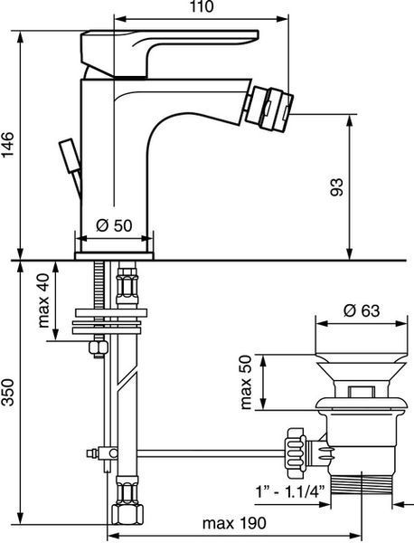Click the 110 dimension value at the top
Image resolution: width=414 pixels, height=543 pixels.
coord(202,6)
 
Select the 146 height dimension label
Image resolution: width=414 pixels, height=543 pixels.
coord(7,145)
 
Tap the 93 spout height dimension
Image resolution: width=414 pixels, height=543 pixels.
coord(336,187)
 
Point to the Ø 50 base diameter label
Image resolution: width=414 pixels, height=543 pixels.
coord(114,225)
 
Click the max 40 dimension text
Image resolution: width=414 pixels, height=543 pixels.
coord(44,300)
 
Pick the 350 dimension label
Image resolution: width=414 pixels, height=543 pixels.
coord(7,393)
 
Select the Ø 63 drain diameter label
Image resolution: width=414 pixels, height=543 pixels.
coord(362,310)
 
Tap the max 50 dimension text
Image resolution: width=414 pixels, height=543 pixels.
coord(246,383)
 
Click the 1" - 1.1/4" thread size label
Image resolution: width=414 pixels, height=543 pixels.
coord(290,491)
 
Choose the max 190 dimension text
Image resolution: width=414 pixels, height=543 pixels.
coord(234,523)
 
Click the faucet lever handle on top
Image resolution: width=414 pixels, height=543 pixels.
coord(169,52)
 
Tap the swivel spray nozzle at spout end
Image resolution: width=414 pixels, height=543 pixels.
coord(271,109)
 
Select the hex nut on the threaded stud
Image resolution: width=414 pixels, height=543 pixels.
coord(99,348)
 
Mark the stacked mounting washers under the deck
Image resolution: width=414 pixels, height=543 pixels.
coord(109,321)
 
